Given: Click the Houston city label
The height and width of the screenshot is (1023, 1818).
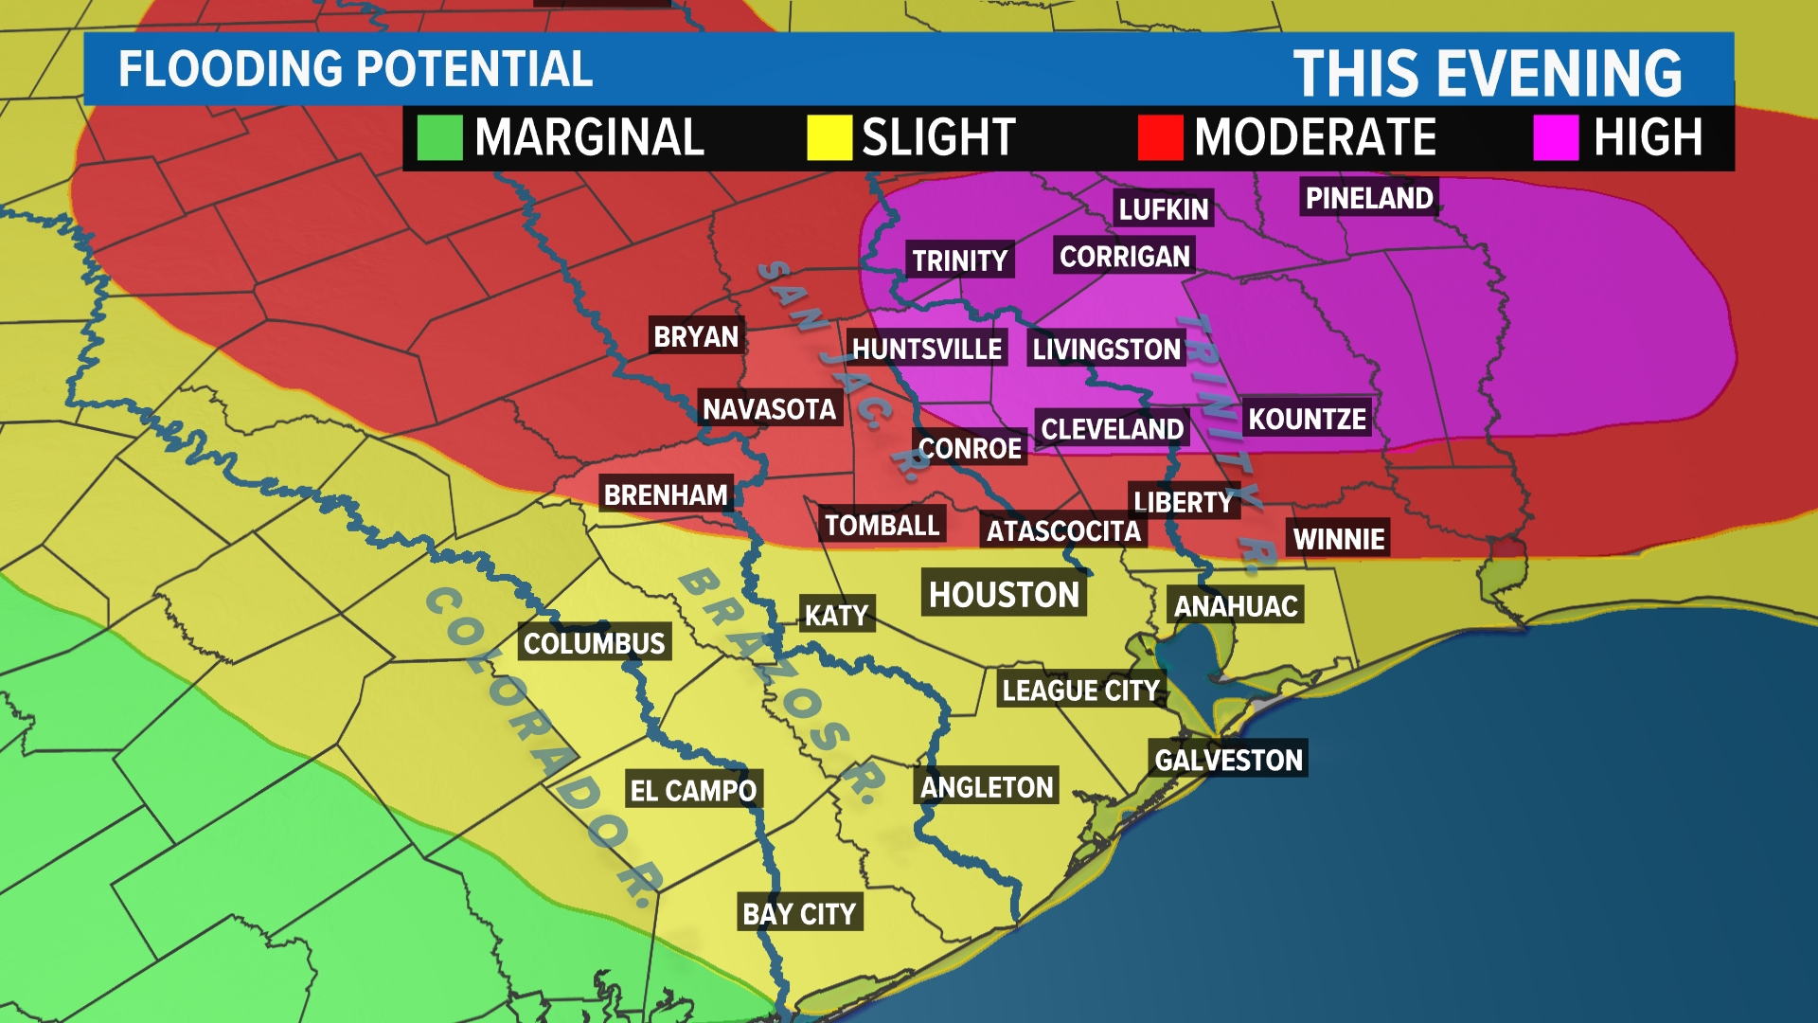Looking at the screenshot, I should coord(1004,594).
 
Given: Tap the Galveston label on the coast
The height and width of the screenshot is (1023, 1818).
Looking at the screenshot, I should coord(1228,759).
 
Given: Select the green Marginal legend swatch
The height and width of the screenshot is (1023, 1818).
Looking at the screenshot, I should coord(439,137).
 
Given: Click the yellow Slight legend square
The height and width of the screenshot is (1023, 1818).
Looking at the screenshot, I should coord(829,137).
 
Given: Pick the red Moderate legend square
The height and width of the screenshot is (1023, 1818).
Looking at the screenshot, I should coord(1160,137).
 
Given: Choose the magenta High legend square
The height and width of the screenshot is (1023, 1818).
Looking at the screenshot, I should coord(1556,137).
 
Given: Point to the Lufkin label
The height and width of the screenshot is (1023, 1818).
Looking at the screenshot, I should coord(1164,208).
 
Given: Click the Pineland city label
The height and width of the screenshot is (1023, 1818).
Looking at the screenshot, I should coord(1369,198).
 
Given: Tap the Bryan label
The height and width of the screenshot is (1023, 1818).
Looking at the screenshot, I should coord(696,336).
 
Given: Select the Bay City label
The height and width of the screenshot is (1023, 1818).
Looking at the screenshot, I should coord(799,913).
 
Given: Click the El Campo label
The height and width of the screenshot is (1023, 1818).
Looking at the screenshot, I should coord(693,790).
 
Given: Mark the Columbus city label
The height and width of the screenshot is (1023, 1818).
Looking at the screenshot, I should coord(595,643).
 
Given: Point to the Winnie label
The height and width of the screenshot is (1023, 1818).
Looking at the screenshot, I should coord(1339,538).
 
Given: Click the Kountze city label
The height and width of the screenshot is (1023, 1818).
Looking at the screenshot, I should coord(1307,418).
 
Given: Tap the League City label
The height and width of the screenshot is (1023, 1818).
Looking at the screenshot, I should coord(1080,690).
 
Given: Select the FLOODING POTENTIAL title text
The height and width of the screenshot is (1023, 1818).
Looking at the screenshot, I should coord(355,69).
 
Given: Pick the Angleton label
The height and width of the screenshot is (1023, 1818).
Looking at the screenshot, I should coord(987,786).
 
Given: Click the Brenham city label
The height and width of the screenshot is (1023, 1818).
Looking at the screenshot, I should coord(666,494).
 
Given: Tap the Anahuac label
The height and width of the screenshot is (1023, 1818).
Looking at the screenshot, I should coord(1236,605).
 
